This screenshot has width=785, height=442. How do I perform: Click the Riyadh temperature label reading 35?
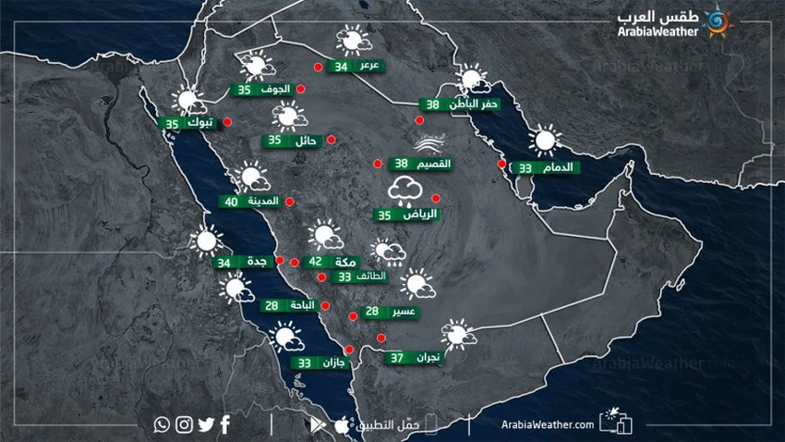click(407, 215)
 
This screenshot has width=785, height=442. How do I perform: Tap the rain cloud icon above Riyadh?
click(406, 191)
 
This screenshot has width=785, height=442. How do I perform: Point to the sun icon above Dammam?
click(543, 141)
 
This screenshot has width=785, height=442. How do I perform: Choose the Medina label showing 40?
click(249, 202)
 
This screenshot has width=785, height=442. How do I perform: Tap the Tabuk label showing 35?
click(188, 123)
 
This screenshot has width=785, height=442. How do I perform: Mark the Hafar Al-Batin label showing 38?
click(459, 105)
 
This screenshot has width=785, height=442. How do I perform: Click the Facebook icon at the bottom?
click(226, 424)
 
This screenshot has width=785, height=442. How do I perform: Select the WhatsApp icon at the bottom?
click(163, 424)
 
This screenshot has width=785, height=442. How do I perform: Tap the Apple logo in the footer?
click(342, 424)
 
